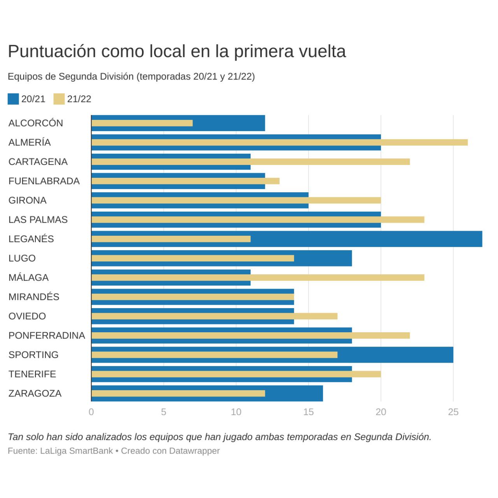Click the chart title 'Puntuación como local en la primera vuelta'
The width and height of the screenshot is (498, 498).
[x=177, y=51]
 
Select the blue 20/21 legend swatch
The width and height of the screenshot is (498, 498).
[x=13, y=99]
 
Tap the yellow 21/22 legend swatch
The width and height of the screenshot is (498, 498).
[x=59, y=99]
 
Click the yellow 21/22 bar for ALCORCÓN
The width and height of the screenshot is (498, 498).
[x=142, y=123]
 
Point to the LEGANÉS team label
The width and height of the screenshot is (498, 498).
[x=31, y=239]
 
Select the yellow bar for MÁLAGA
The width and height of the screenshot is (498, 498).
[x=258, y=277]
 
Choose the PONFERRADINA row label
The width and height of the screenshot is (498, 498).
[x=47, y=335]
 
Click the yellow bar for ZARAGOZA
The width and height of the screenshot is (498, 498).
[x=178, y=393]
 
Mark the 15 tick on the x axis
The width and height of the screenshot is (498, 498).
[x=309, y=412]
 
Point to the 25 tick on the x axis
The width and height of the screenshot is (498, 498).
[x=453, y=412]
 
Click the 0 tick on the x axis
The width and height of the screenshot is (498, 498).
[x=91, y=412]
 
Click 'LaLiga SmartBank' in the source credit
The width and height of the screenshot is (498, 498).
[x=76, y=451]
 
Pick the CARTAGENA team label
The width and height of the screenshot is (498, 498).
[x=38, y=162]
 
